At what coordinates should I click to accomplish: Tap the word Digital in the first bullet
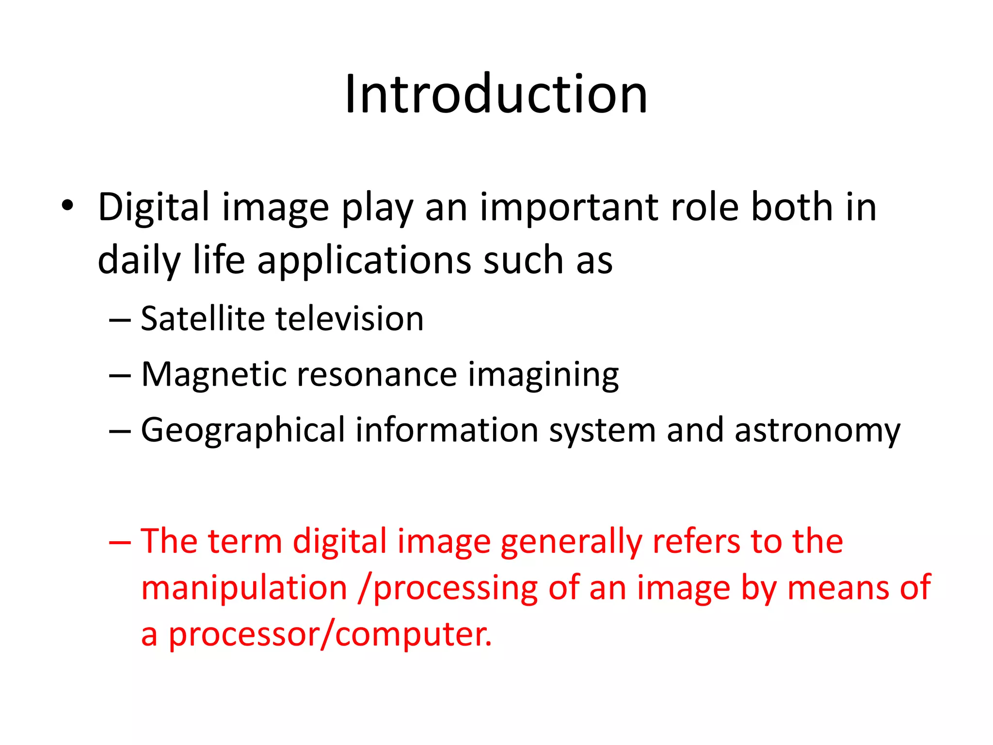pos(154,208)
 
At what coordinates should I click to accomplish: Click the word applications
pos(364,261)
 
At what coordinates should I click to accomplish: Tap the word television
pos(350,319)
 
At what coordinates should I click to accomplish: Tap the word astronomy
pos(817,431)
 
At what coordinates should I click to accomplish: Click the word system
pos(602,431)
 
